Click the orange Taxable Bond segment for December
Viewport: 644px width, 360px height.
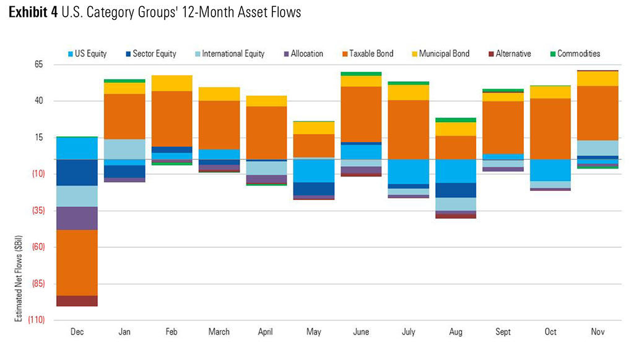click(77, 263)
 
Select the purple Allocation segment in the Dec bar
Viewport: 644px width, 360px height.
click(77, 218)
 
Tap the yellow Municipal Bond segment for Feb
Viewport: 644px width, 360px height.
click(172, 83)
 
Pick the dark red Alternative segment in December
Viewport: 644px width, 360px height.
click(77, 301)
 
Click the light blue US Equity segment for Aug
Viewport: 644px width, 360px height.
click(456, 171)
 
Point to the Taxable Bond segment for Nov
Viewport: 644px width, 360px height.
click(598, 113)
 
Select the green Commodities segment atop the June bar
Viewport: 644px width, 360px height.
click(361, 74)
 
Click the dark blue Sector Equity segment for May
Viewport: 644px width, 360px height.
click(314, 189)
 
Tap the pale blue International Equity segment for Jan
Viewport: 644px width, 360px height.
click(124, 149)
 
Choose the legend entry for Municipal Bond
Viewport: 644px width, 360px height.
click(441, 53)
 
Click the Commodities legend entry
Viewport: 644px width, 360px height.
click(575, 53)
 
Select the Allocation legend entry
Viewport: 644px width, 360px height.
click(303, 53)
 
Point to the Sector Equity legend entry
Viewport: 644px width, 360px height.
click(150, 53)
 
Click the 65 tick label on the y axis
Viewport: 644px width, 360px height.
click(38, 64)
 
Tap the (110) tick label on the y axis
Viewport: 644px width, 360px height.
click(36, 320)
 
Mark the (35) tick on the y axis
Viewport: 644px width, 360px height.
click(38, 211)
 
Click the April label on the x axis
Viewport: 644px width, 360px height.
click(265, 331)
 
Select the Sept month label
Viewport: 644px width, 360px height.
click(503, 331)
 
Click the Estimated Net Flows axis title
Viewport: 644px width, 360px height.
click(19, 279)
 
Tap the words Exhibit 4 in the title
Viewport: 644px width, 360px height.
click(33, 12)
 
